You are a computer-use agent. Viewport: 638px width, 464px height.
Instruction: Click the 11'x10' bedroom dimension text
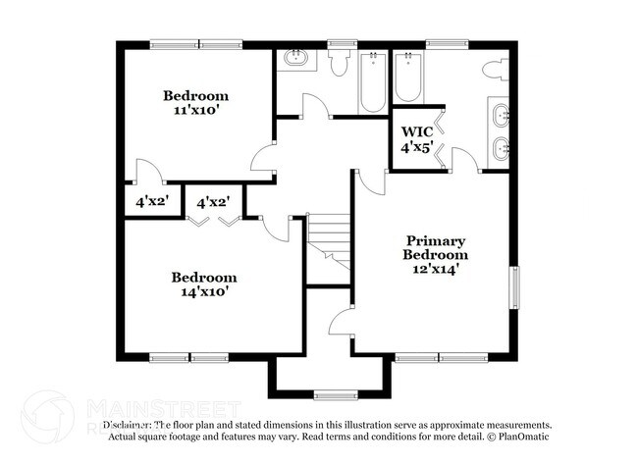(x=196, y=112)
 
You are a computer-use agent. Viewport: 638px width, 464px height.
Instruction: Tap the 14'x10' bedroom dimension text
(x=204, y=292)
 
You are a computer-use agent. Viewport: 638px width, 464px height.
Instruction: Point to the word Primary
(x=435, y=240)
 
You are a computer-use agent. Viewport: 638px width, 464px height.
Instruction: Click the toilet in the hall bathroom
(x=340, y=64)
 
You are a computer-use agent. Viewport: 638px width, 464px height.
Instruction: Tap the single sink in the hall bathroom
(x=295, y=58)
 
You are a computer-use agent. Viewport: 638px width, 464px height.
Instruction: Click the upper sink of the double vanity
(x=501, y=115)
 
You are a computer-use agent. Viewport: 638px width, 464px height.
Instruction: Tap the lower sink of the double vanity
(x=501, y=150)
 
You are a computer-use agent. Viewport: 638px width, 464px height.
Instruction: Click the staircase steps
(x=329, y=240)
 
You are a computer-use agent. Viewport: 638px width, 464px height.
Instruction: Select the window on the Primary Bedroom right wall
(x=513, y=290)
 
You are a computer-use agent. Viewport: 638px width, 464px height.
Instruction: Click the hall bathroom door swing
(x=314, y=107)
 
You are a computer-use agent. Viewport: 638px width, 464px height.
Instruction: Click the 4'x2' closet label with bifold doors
(x=213, y=203)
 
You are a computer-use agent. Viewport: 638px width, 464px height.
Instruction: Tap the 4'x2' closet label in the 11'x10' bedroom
(x=152, y=203)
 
